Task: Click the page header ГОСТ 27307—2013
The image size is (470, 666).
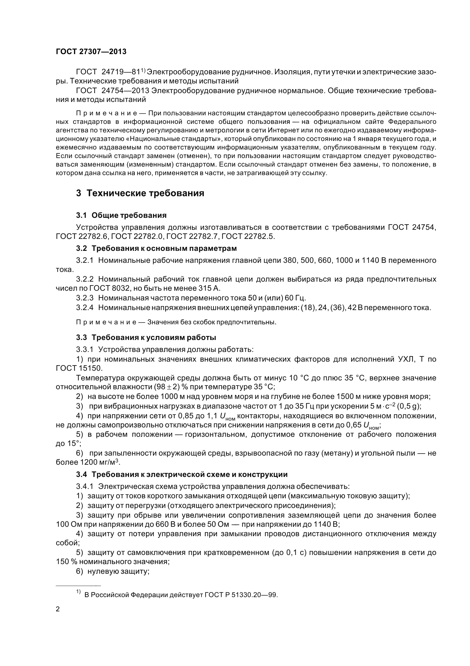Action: (91, 52)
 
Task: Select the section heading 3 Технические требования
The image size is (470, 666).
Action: (140, 193)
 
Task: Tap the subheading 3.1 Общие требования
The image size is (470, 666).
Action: (121, 215)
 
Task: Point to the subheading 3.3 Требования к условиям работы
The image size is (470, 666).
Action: (146, 337)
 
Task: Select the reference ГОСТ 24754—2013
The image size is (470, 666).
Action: (113, 91)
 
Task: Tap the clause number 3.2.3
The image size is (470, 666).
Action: (85, 298)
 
